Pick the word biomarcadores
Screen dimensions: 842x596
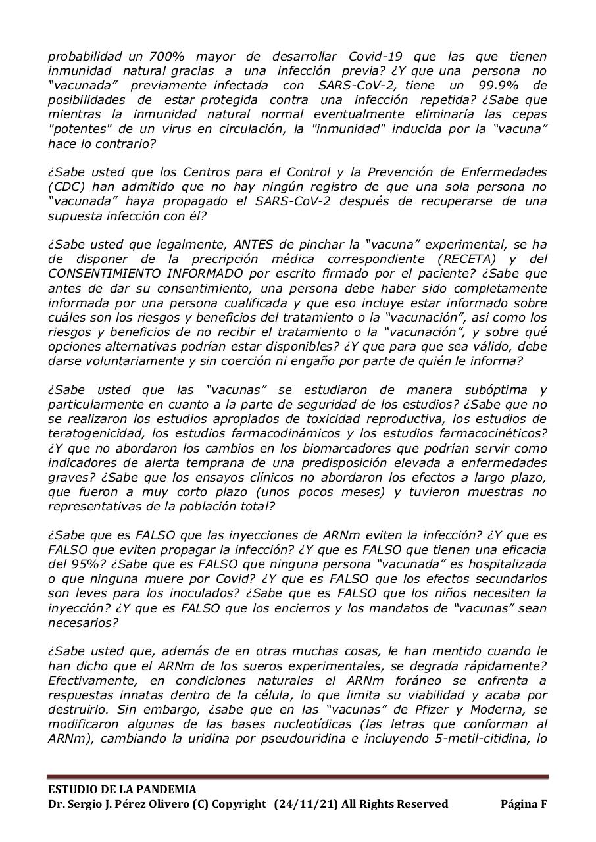[308, 448]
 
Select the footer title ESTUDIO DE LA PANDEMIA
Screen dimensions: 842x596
[122, 789]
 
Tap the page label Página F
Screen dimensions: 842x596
[524, 804]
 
